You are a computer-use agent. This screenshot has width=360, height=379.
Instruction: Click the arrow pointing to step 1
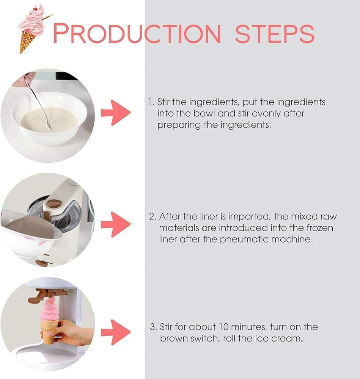pos(116,113)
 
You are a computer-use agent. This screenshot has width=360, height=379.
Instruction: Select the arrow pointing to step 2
pos(116,224)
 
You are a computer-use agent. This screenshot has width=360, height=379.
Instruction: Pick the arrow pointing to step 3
pos(116,332)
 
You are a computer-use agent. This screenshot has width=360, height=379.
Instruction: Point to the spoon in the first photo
pos(38,102)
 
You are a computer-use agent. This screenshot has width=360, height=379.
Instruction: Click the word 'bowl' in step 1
pos(206,113)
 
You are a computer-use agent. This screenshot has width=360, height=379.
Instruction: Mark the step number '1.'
pos(152,102)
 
